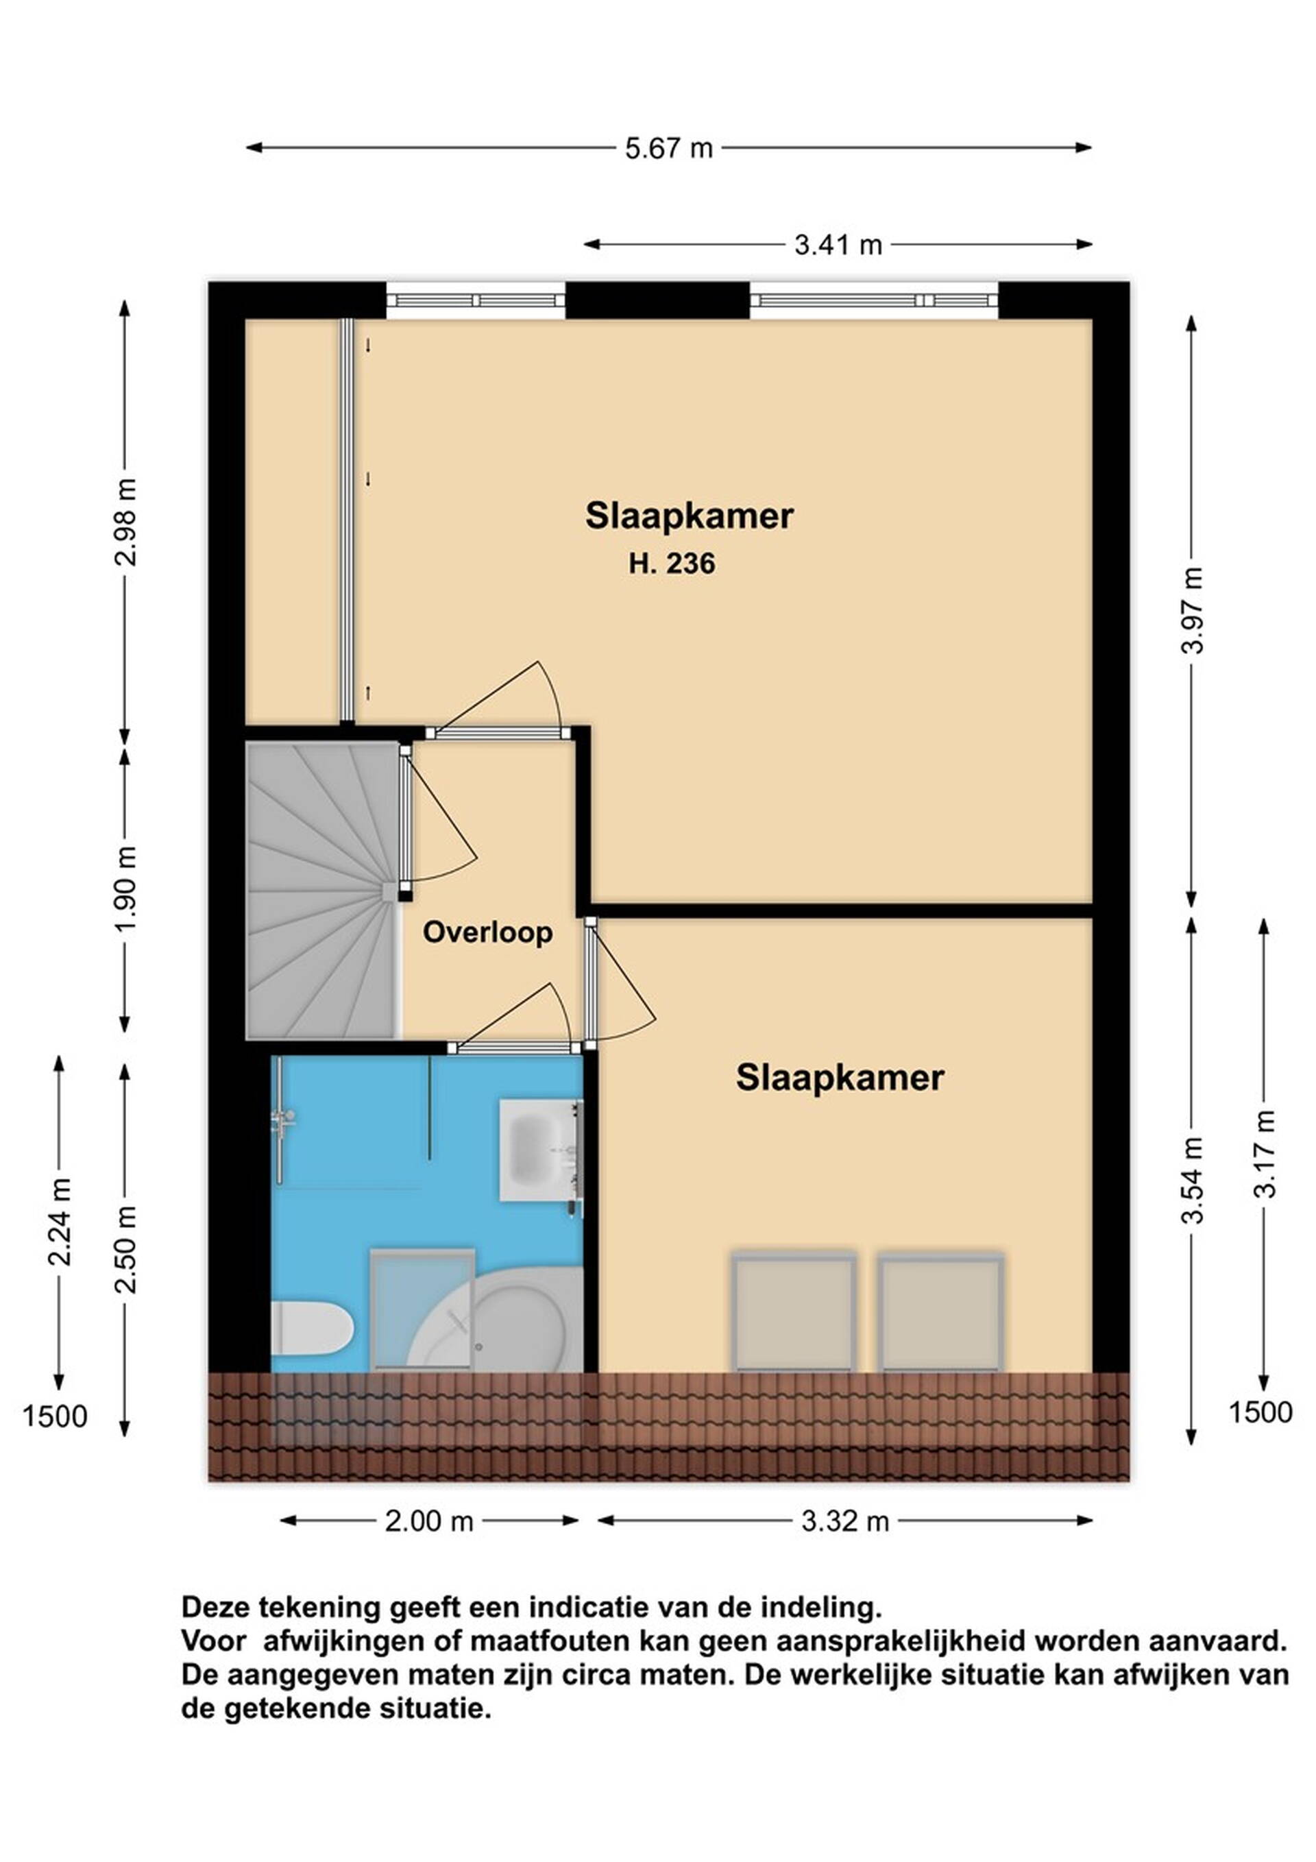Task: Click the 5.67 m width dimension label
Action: click(669, 148)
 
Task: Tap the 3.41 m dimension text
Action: click(838, 245)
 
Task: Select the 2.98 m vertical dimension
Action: click(125, 522)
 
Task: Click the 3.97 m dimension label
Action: click(1193, 610)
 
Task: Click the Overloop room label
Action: click(488, 932)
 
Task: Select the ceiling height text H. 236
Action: click(672, 564)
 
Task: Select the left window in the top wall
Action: click(475, 301)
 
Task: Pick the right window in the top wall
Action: click(874, 301)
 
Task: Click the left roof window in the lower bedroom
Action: click(794, 1312)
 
